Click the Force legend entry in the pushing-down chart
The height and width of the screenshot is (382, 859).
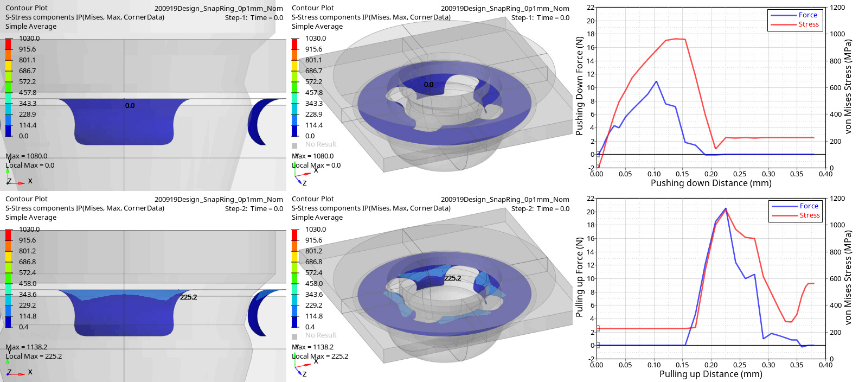[x=807, y=15]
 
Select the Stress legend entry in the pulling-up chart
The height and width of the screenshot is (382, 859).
[x=809, y=215]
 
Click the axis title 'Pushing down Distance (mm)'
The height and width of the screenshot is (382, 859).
[x=710, y=183]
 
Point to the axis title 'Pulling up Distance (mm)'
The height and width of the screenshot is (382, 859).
[x=710, y=374]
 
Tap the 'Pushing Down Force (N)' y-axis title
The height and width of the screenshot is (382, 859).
[x=580, y=86]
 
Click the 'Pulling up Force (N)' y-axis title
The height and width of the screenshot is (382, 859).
[x=580, y=277]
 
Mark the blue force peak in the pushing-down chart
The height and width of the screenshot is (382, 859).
[x=656, y=81]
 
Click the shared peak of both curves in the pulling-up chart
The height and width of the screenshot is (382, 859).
[x=726, y=209]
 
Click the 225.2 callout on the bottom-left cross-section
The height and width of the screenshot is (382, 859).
[x=188, y=297]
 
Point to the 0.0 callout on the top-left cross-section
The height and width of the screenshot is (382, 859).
[x=130, y=106]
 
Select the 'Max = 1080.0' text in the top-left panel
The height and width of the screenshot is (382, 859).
[x=27, y=156]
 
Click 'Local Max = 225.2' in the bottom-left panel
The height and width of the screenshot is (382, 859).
[x=34, y=356]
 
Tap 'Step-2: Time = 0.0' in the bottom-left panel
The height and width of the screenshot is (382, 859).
[x=254, y=209]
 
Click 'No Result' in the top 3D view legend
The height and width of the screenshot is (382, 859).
[x=320, y=144]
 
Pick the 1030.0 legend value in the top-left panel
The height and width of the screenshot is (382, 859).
[x=29, y=39]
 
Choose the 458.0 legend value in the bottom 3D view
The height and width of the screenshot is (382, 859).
[x=315, y=284]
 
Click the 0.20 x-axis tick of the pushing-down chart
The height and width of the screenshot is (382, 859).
[x=711, y=174]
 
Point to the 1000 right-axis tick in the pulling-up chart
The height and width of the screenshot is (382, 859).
[x=837, y=225]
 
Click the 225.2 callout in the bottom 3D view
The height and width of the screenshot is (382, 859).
[x=452, y=278]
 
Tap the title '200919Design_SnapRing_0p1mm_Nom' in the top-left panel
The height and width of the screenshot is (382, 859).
[x=219, y=9]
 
